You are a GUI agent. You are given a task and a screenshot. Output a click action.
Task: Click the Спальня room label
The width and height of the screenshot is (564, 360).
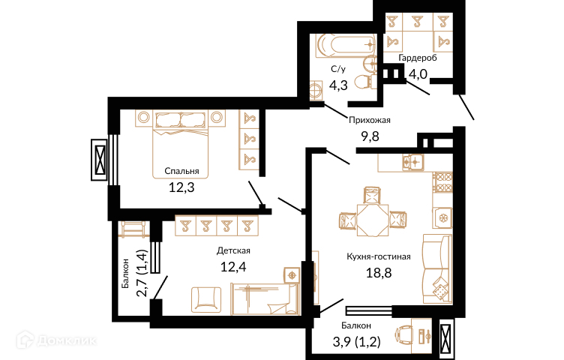pyautogui.click(x=181, y=171)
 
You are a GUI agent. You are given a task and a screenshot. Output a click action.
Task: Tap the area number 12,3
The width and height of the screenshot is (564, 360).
pyautogui.click(x=181, y=187)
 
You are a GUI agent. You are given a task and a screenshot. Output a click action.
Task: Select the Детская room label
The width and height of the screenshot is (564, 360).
pyautogui.click(x=233, y=250)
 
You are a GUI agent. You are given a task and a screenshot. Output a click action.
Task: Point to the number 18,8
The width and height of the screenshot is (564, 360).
pyautogui.click(x=379, y=273)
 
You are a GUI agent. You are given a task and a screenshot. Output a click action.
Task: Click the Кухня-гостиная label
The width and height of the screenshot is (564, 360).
pyautogui.click(x=379, y=256)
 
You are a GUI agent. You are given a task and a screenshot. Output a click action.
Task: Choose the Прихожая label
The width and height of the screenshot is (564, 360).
pyautogui.click(x=370, y=120)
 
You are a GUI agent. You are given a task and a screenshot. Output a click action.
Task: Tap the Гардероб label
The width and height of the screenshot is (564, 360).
pyautogui.click(x=418, y=58)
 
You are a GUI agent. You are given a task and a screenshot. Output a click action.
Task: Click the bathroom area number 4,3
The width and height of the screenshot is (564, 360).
pyautogui.click(x=338, y=85)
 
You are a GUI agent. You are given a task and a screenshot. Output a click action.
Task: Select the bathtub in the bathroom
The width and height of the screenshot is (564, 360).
pyautogui.click(x=346, y=45)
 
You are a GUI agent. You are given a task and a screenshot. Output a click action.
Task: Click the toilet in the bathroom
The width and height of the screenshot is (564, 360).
pyautogui.click(x=364, y=81)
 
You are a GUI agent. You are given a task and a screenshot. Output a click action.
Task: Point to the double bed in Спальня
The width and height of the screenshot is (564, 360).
pyautogui.click(x=181, y=144)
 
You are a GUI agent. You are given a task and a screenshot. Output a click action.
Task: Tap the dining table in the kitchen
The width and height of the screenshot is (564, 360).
pyautogui.click(x=373, y=220)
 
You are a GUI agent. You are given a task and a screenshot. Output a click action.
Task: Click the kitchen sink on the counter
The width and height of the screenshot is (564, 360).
pyautogui.click(x=413, y=162)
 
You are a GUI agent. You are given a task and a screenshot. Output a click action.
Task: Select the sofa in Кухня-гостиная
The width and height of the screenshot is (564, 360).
pyautogui.click(x=437, y=268)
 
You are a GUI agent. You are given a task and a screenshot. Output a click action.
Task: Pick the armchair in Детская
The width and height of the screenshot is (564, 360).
pyautogui.click(x=206, y=299)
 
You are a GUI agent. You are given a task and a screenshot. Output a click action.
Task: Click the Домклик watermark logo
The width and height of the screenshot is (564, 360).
pyautogui.click(x=56, y=340)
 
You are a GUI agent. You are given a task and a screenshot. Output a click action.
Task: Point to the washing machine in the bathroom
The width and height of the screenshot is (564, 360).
pyautogui.click(x=316, y=89)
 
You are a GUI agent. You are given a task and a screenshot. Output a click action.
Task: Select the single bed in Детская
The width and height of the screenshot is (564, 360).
pyautogui.click(x=265, y=298)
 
